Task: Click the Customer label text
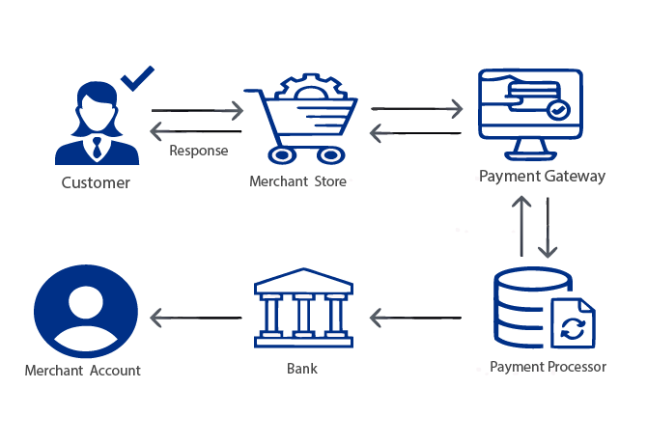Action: click(96, 182)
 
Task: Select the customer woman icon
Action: click(96, 124)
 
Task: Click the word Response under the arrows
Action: click(199, 151)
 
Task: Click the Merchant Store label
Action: click(297, 180)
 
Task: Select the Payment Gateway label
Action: click(542, 176)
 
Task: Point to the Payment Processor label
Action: click(548, 367)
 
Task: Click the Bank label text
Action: click(302, 369)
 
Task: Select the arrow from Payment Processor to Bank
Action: click(417, 315)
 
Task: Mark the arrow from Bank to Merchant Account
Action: click(196, 315)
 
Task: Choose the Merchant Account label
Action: click(83, 371)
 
